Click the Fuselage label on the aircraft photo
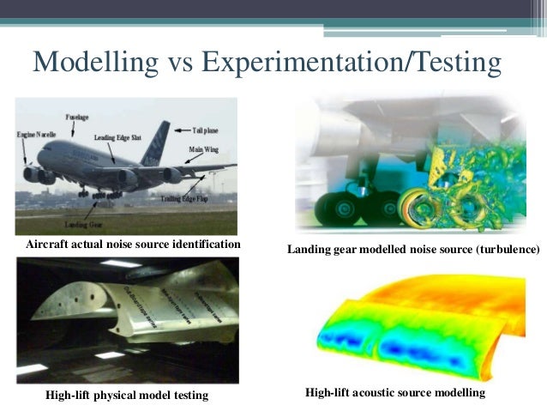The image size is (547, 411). click(78, 117)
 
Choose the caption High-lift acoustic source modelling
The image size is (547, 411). click(395, 392)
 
